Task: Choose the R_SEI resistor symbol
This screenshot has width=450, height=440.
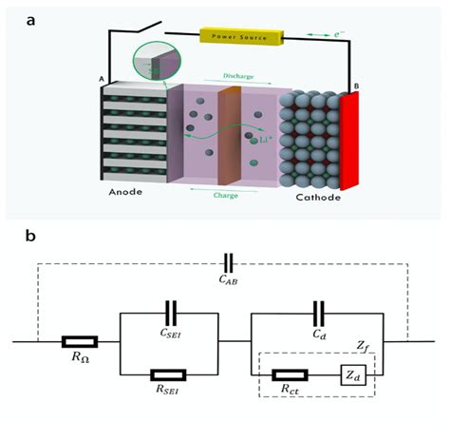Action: (x=171, y=373)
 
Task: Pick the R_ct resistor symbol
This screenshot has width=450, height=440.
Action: (x=289, y=373)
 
